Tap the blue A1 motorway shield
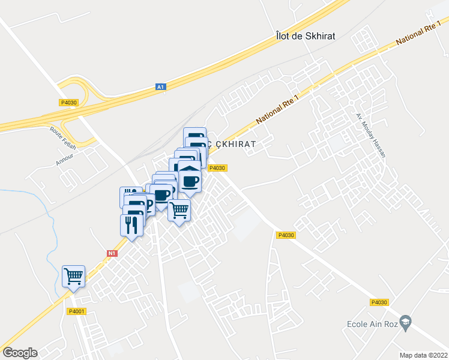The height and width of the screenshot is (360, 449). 160,87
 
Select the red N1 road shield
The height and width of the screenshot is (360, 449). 112,253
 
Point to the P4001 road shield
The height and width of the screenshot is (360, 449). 77,311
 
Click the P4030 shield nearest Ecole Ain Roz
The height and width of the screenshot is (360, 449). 379,303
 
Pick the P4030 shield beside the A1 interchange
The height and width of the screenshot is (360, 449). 69,103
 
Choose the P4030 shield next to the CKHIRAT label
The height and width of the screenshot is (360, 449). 217,168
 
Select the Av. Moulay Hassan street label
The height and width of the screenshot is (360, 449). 370,134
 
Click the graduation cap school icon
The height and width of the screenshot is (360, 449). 405,322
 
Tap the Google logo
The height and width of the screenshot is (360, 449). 20,353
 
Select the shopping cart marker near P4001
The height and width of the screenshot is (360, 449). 73,277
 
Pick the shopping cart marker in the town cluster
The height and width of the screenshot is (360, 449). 179,211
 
